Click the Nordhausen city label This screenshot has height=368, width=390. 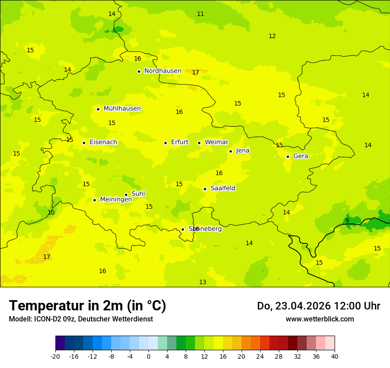point(163,71)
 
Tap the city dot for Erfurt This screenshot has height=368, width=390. point(165,143)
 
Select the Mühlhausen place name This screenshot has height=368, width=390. point(122,109)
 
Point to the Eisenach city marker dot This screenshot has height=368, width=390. point(84,143)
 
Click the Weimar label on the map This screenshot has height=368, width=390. point(216,142)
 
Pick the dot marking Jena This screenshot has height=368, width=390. point(230,151)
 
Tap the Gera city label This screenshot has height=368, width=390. point(300,156)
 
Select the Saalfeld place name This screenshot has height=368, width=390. point(223,188)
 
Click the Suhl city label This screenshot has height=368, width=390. point(138,194)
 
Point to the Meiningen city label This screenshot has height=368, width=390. point(116,200)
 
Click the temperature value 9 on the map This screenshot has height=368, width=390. point(347,220)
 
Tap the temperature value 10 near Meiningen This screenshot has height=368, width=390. point(51,213)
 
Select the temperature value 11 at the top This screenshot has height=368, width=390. point(200,14)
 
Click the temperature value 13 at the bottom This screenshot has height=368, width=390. point(203,282)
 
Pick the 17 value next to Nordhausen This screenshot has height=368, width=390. point(195,72)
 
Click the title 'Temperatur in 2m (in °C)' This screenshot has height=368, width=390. point(87,306)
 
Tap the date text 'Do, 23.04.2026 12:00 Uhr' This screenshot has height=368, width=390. point(319,306)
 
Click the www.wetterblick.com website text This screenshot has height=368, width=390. point(320,319)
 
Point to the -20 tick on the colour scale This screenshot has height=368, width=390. point(55,356)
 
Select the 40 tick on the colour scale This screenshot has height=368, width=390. point(335,356)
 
